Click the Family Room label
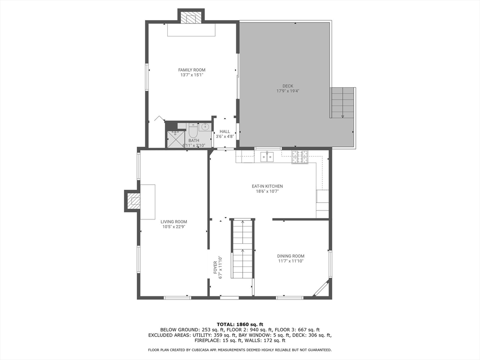coord(192,70)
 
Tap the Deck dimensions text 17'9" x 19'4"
coord(288,91)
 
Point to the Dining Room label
coord(291,256)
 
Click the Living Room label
coord(174,222)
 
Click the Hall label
coord(225,132)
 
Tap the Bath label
coord(194,140)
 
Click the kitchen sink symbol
coord(267,157)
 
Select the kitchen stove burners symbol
coord(300,157)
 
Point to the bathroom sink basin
coord(205,127)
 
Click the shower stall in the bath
coord(175,139)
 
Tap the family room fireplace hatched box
coord(191,18)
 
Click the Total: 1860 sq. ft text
coord(240,324)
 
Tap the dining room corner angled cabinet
coord(321,289)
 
